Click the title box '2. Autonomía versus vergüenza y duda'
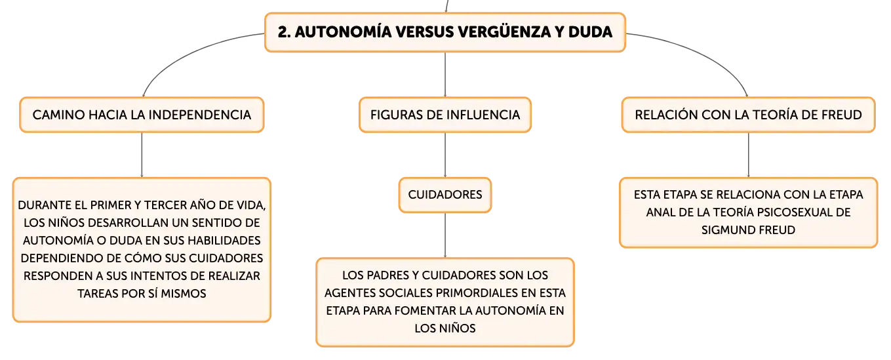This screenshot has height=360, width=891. tap(445, 32)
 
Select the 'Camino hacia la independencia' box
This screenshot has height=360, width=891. tap(142, 115)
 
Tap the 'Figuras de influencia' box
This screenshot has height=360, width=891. tap(445, 115)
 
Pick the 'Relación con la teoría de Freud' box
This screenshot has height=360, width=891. tap(748, 115)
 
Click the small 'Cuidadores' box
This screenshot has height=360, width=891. tap(445, 195)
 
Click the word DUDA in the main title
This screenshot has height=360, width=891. tap(590, 32)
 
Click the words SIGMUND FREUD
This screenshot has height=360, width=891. tap(748, 230)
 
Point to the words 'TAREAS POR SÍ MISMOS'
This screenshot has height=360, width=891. tap(142, 294)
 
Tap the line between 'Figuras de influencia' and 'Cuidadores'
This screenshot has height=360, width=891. tap(445, 155)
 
